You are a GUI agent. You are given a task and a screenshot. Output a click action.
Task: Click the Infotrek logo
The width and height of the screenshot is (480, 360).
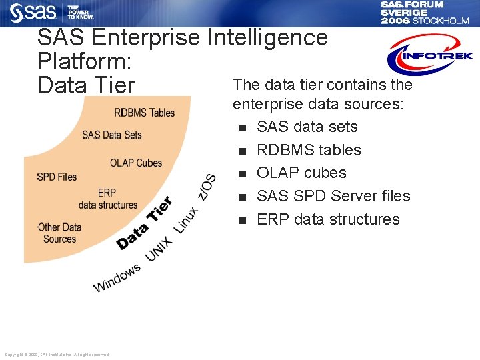430,55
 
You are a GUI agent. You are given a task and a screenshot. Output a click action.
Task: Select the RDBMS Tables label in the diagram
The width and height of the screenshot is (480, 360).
145,112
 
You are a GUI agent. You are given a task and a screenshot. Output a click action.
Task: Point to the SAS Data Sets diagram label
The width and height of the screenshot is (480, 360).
112,135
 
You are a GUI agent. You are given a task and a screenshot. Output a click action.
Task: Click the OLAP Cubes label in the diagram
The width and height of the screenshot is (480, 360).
136,163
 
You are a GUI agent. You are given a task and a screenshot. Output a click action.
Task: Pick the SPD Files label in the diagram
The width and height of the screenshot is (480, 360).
57,177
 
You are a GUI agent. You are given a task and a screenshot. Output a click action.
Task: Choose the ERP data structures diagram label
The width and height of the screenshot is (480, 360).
107,199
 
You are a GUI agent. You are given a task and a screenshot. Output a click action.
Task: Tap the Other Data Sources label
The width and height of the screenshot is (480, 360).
59,233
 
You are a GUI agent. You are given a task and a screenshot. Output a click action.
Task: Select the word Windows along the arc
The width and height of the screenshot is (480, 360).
117,277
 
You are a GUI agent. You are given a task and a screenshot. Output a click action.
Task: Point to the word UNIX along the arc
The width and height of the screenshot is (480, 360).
159,249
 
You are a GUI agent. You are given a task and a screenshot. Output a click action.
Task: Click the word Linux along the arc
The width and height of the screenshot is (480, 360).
186,220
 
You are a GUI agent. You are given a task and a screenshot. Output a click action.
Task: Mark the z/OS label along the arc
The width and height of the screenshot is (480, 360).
209,186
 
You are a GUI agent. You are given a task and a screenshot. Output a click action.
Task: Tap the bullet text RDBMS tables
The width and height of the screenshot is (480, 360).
309,150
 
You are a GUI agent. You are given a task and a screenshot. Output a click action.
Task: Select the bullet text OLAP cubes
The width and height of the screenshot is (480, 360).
301,173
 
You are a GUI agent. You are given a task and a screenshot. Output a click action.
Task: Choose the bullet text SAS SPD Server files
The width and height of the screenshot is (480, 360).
333,196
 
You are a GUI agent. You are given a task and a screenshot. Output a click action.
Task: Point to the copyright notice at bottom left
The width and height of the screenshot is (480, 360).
57,355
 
